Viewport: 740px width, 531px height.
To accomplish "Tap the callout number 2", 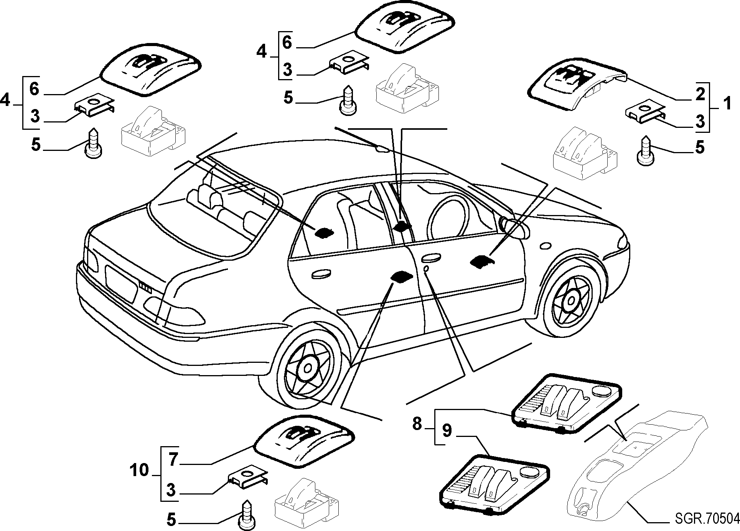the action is tap(700, 94).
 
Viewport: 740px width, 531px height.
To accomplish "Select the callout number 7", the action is tap(173, 460).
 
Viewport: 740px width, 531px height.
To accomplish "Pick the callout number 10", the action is tap(138, 470).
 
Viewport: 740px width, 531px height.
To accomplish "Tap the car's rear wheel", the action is tap(308, 368).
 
